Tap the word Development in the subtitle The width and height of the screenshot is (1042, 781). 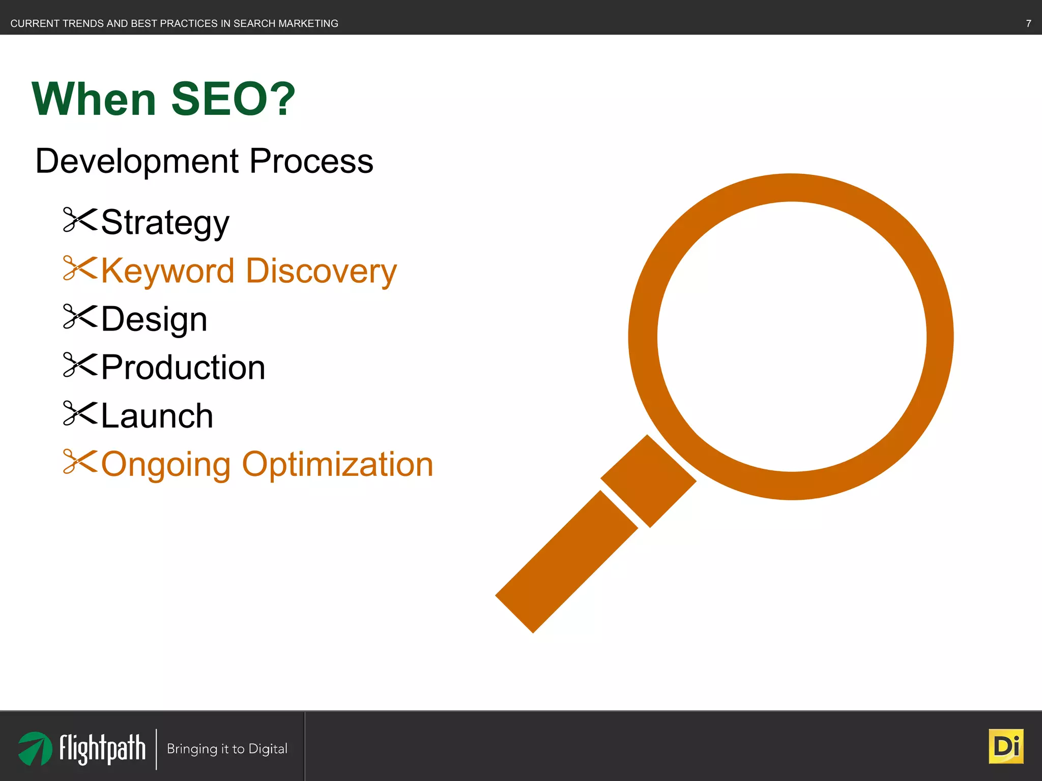(137, 161)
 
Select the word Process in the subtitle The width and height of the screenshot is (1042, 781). (311, 161)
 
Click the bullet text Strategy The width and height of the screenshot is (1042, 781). (165, 222)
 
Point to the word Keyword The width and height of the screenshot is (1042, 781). (167, 271)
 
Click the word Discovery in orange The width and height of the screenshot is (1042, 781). (321, 271)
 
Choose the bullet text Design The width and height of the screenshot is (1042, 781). (154, 319)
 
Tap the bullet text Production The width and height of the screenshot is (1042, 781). (183, 367)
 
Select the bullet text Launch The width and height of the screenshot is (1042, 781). (157, 415)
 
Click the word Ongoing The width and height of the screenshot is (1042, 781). (166, 464)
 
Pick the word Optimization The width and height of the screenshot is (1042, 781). (337, 464)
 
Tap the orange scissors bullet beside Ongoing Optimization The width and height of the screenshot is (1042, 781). (79, 462)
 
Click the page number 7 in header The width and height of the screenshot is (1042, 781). (1028, 23)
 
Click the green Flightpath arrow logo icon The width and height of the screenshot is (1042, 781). (35, 748)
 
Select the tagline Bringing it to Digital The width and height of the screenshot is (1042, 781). (227, 748)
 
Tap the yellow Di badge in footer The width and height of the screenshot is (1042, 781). (1005, 746)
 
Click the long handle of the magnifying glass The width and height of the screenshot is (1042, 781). (566, 562)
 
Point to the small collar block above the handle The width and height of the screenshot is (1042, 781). (648, 481)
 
